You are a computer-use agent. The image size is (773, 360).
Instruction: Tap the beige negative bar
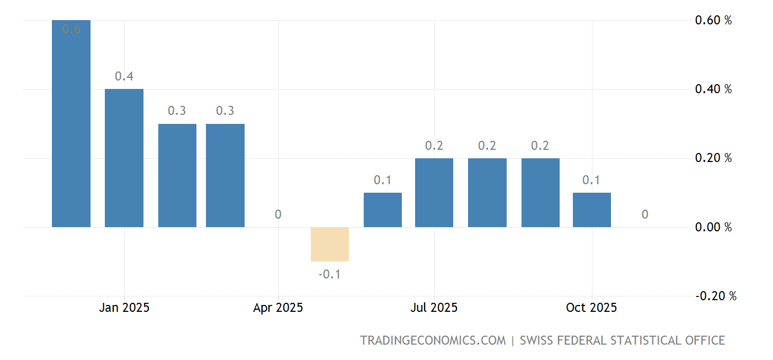(329, 244)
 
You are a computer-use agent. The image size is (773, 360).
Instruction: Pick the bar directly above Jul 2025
(434, 193)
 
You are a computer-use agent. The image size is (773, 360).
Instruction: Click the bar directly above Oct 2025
(591, 210)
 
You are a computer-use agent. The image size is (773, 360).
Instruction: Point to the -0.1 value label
(329, 274)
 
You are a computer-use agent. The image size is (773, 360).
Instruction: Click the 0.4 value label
(124, 76)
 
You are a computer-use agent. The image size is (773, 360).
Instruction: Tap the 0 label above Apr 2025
(278, 214)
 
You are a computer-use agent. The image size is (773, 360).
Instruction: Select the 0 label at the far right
(644, 214)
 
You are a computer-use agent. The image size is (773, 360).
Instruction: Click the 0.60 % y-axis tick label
(713, 20)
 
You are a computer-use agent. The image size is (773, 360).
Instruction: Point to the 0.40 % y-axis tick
(713, 89)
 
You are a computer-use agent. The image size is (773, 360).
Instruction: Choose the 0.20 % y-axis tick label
(713, 158)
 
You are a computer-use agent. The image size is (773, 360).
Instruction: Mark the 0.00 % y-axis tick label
(713, 227)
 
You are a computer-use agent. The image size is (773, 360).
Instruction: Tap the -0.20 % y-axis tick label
(715, 296)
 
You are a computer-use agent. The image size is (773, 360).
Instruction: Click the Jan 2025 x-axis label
(124, 308)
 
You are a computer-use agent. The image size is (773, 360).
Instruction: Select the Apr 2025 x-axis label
(278, 308)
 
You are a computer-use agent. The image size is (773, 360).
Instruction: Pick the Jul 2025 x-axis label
(434, 308)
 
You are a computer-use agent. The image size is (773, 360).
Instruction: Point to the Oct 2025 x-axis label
(591, 308)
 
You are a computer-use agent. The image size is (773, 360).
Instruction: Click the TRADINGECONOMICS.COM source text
(433, 340)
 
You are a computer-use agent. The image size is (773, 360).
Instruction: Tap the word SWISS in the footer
(536, 340)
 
